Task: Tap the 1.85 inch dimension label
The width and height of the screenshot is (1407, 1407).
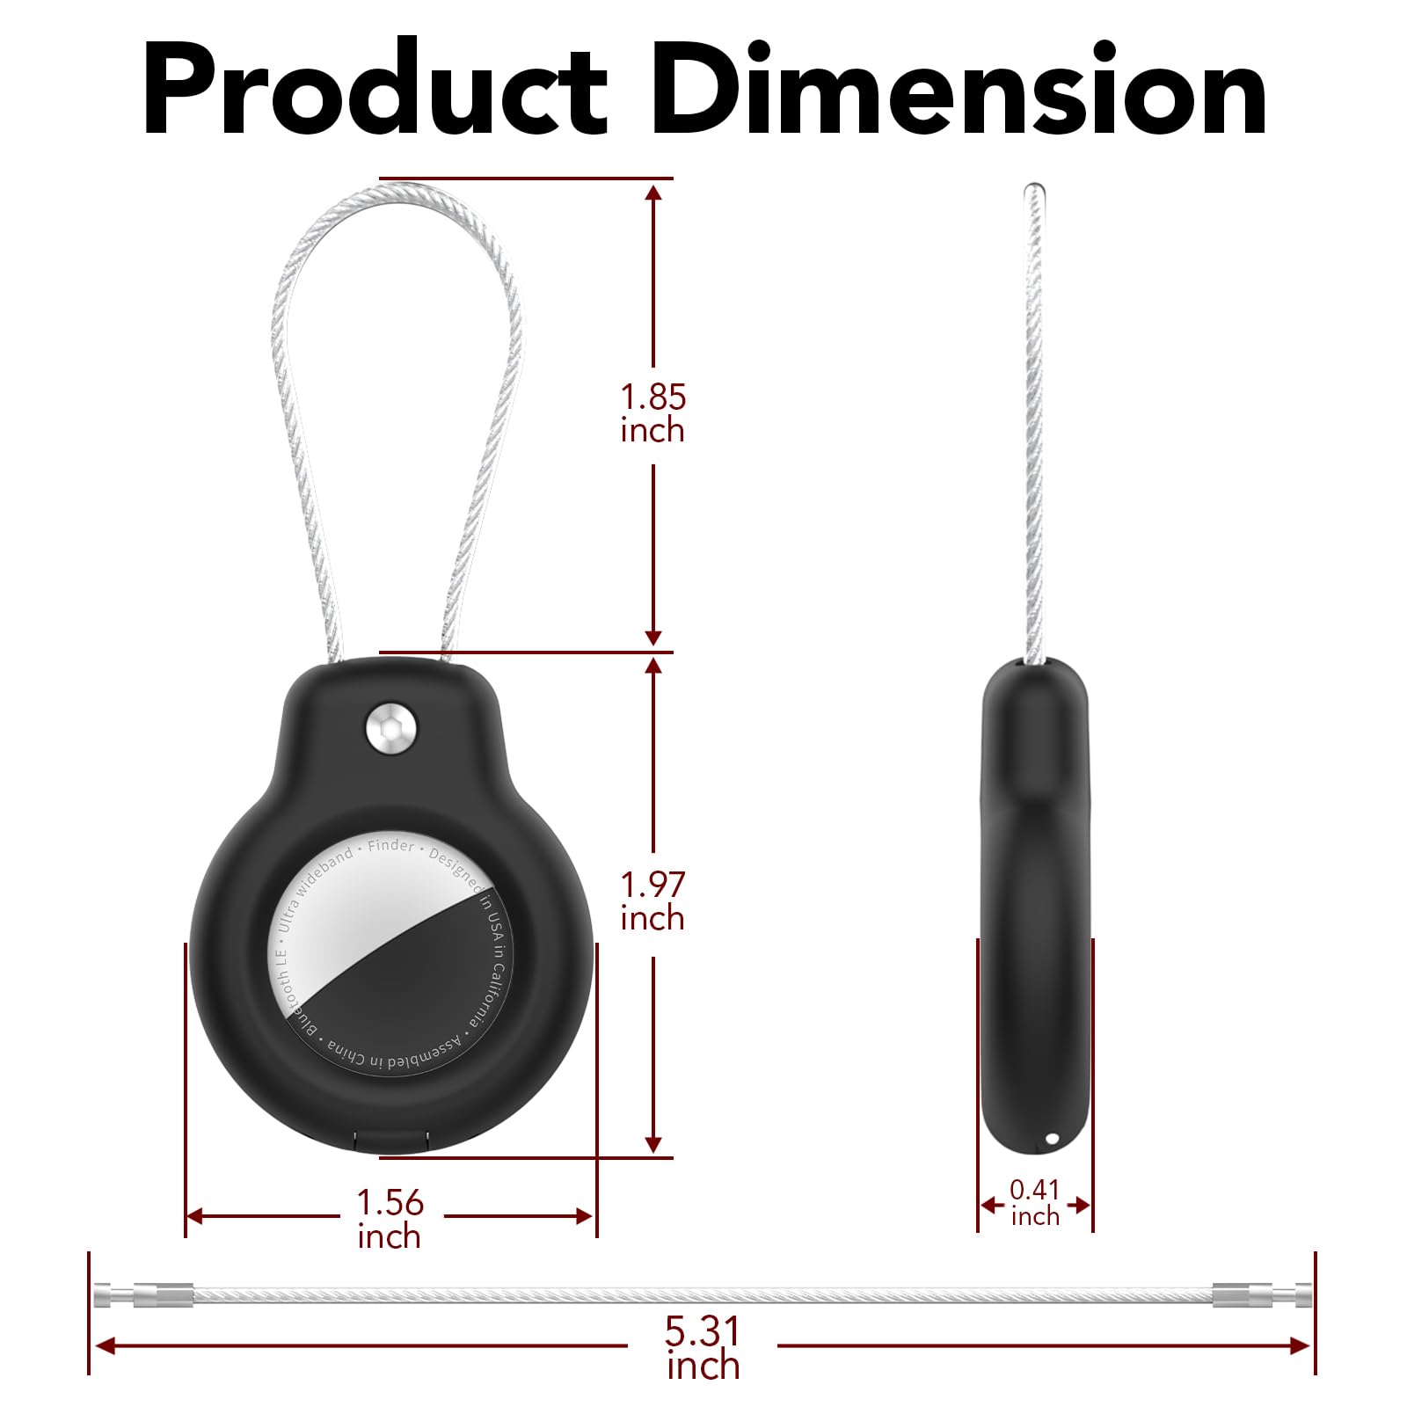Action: (x=652, y=413)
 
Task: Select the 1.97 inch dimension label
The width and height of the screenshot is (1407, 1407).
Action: (x=652, y=901)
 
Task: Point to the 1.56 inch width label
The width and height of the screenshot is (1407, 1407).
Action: (x=390, y=1219)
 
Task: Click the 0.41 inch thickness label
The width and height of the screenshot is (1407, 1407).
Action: (x=1034, y=1203)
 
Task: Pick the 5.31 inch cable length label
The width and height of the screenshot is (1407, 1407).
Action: (x=702, y=1348)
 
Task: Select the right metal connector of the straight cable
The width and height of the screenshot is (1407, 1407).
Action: (x=1261, y=1295)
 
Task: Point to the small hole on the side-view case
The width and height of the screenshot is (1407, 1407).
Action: (x=1052, y=1140)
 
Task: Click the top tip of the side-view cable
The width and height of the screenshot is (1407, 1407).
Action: (x=1035, y=189)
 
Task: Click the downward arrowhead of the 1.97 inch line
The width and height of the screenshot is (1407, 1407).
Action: (x=652, y=1143)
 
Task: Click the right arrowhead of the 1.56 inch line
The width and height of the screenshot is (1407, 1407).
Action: (x=584, y=1216)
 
